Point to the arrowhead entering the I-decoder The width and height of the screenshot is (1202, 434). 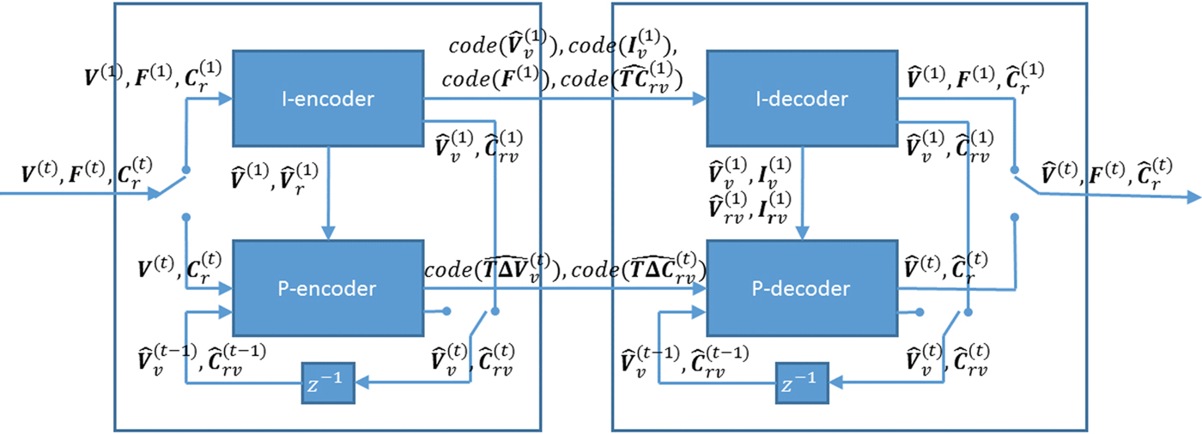pyautogui.click(x=701, y=99)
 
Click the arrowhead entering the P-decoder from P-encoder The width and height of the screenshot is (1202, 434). pyautogui.click(x=701, y=289)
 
